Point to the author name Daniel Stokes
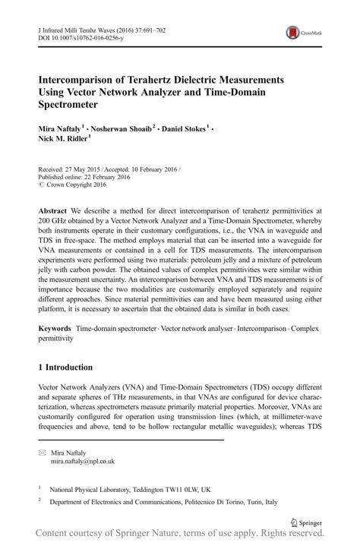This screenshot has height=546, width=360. coord(184,128)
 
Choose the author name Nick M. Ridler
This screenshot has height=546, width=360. coord(65,139)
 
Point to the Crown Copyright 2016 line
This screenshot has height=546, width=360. coord(72,185)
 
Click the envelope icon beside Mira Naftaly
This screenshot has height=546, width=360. coord(42,452)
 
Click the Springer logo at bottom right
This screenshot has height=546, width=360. coord(307,522)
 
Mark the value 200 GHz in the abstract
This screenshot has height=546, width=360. coord(56,220)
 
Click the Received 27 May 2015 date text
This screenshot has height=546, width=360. coord(73,169)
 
